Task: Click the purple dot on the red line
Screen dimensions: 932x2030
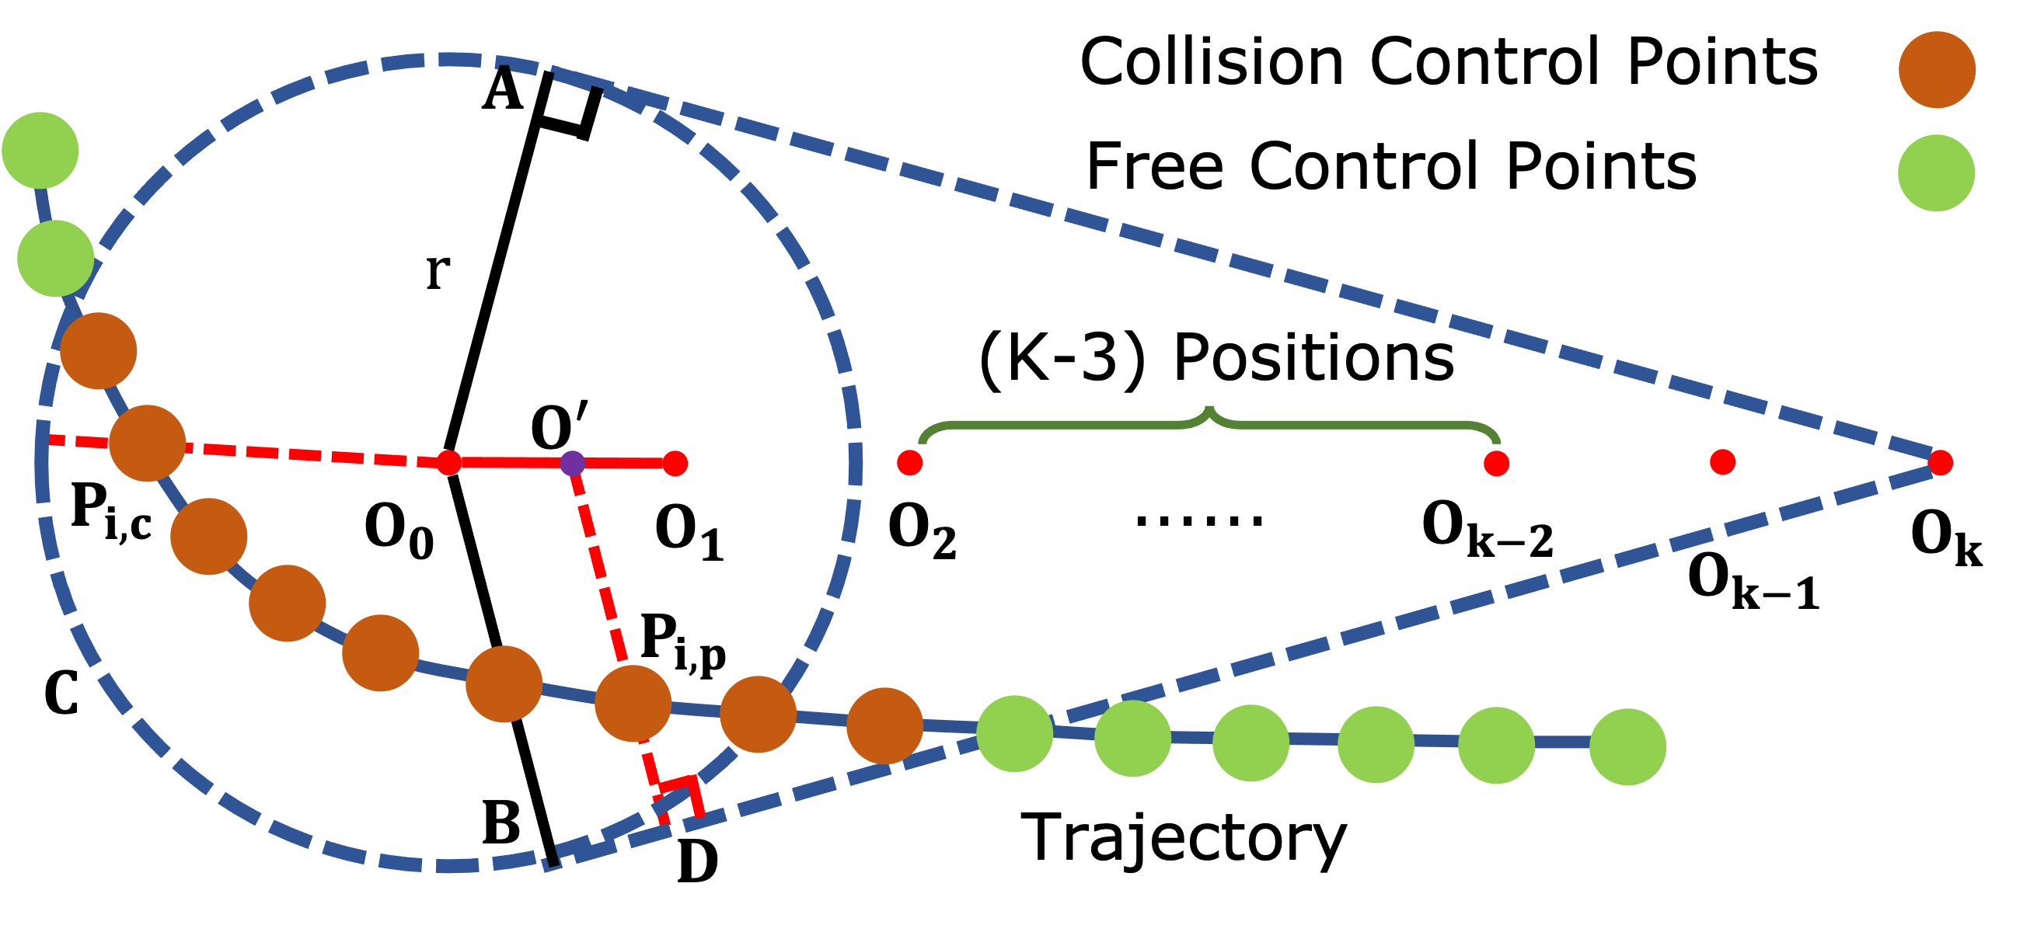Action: [x=572, y=463]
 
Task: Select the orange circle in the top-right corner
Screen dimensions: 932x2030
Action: [x=1936, y=70]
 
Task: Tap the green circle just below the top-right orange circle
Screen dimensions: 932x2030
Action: [x=1935, y=173]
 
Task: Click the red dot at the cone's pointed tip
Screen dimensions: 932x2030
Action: [x=1940, y=462]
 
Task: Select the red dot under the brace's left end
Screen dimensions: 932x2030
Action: [x=909, y=462]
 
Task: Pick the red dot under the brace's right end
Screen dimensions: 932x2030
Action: [x=1496, y=463]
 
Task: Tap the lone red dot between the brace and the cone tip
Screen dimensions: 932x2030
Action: [x=1723, y=461]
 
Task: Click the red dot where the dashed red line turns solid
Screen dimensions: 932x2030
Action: [x=448, y=462]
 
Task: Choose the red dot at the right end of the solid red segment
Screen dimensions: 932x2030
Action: [x=675, y=463]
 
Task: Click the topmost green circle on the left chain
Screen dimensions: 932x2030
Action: [x=40, y=151]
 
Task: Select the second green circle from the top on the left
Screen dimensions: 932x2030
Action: [x=56, y=259]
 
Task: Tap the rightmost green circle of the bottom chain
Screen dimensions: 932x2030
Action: [x=1627, y=746]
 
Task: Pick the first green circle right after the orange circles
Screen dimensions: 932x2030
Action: [x=1014, y=733]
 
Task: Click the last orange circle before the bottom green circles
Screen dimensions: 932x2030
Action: [x=884, y=725]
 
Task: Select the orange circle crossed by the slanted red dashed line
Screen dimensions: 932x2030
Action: [x=633, y=704]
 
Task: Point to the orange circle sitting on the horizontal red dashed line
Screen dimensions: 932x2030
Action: [x=148, y=443]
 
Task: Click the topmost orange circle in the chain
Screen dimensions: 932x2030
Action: [x=99, y=350]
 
